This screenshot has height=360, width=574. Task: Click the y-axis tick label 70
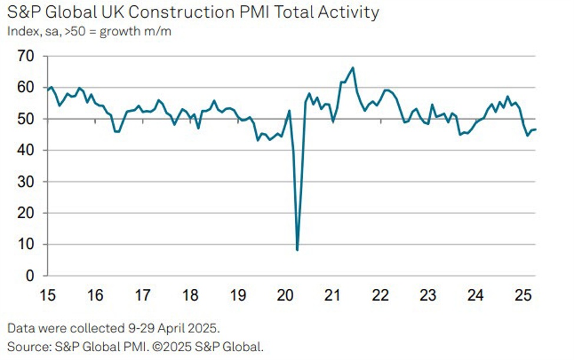point(26,56)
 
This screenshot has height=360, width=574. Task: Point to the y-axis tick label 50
point(26,119)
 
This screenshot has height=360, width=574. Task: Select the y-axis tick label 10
point(26,245)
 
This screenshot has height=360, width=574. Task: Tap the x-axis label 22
point(380,295)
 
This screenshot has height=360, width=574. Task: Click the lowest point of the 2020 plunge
point(297,250)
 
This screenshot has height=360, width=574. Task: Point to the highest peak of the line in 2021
point(353,68)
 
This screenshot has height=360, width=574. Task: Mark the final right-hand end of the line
point(536,129)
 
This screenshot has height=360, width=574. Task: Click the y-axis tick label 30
point(26,182)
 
